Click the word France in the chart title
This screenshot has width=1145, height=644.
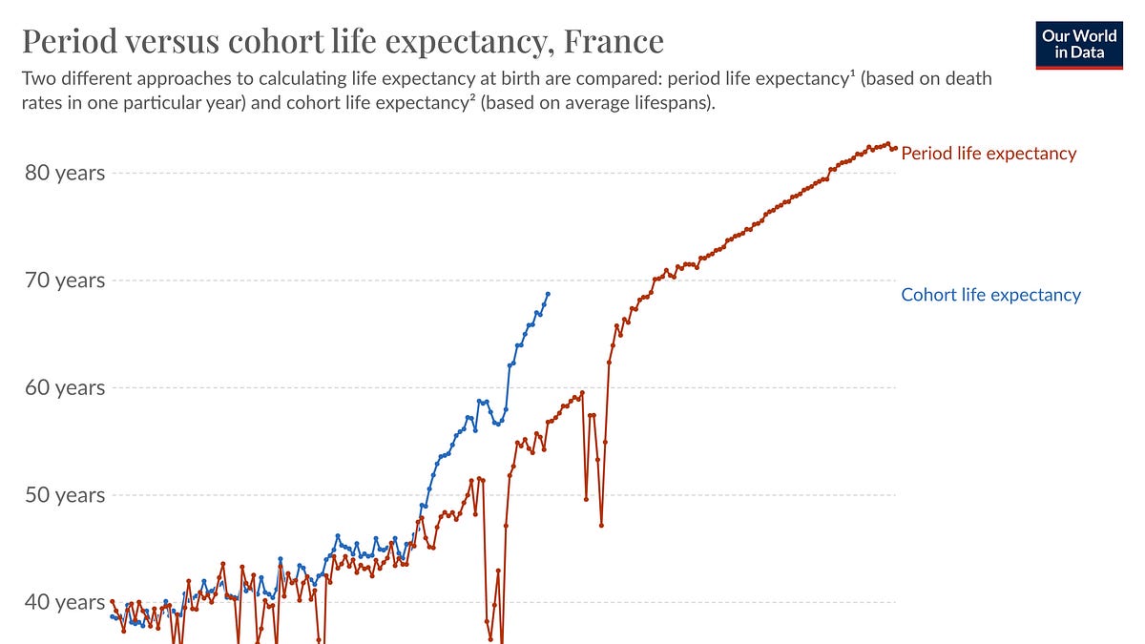[613, 41]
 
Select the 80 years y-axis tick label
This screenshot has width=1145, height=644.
[64, 173]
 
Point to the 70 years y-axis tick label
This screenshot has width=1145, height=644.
[64, 280]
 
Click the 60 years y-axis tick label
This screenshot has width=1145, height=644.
[64, 387]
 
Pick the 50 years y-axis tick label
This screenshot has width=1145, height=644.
[64, 495]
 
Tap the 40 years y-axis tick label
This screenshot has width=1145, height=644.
[64, 602]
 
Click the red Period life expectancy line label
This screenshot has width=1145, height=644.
[989, 154]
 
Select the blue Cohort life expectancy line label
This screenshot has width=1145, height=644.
[990, 295]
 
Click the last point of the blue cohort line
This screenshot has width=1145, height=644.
[548, 294]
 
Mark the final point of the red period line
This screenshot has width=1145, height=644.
[895, 148]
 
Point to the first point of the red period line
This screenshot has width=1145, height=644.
[112, 602]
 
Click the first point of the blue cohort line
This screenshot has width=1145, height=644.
[112, 616]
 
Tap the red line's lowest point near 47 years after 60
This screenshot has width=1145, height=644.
[601, 525]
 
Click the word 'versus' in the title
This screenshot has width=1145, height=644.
[170, 41]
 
